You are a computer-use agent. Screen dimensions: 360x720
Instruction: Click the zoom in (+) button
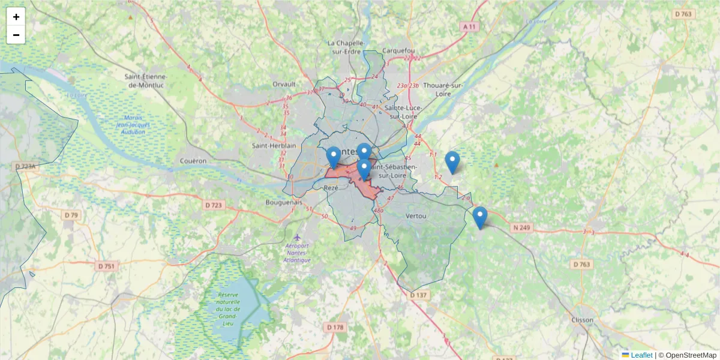pos(16,17)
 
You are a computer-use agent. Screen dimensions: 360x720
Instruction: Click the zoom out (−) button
pos(16,35)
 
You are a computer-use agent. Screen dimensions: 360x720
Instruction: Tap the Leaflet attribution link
pos(641,355)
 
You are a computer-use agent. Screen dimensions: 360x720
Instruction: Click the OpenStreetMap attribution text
pos(690,355)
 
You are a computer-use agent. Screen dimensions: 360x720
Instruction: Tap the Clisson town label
pos(582,320)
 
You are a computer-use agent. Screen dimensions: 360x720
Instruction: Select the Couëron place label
pos(193,161)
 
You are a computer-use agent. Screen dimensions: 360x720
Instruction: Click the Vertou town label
pos(416,215)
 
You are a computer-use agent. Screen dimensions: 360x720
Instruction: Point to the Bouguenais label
pos(284,203)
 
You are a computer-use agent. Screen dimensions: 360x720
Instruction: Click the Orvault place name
pos(284,84)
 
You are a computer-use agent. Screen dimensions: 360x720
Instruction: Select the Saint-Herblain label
pos(274,146)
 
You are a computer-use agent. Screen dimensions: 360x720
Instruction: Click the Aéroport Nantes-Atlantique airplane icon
pos(298,238)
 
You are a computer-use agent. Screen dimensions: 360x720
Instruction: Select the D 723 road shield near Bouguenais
pos(214,205)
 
